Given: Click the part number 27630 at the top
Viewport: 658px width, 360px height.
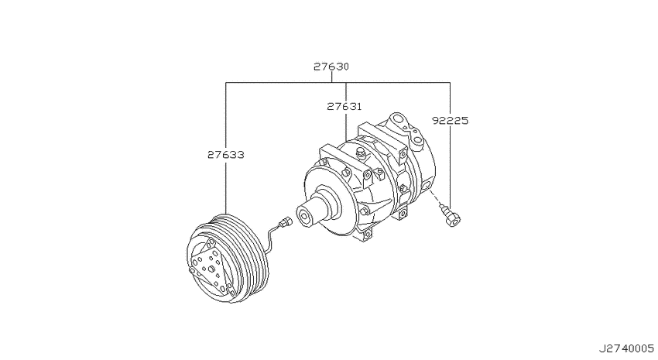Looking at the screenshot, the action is [x=331, y=67].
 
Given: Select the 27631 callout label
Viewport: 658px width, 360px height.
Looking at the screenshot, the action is [x=344, y=107].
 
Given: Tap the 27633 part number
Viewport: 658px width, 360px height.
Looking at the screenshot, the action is [x=226, y=155].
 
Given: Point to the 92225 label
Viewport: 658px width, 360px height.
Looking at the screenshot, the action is [x=451, y=121].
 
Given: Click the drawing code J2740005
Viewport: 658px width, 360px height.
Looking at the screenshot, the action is [x=626, y=348].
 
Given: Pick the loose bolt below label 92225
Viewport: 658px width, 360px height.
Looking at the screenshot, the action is [x=451, y=215].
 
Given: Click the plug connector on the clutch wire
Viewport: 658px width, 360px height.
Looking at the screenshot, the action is [x=287, y=220].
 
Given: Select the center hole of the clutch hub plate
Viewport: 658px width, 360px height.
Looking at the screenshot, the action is [x=211, y=269].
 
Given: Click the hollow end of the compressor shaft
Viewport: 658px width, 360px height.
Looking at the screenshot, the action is [x=303, y=217].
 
